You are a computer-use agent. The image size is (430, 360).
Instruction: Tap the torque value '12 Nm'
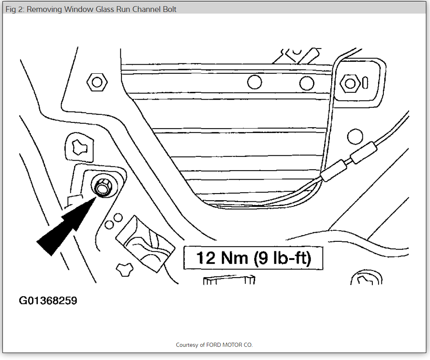221,258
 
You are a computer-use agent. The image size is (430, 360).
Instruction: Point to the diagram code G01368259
48,301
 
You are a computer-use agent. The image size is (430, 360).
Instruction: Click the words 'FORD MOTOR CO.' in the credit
229,345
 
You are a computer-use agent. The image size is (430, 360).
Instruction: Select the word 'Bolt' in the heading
168,9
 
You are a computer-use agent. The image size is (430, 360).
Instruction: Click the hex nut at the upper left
97,83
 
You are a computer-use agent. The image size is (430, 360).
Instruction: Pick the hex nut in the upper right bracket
350,84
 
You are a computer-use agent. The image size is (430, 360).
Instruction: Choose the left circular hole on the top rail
255,82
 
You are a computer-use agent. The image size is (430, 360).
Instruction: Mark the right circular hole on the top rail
306,84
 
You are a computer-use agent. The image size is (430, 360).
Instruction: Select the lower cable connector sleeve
334,171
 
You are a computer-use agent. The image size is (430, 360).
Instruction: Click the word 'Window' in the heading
78,9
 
